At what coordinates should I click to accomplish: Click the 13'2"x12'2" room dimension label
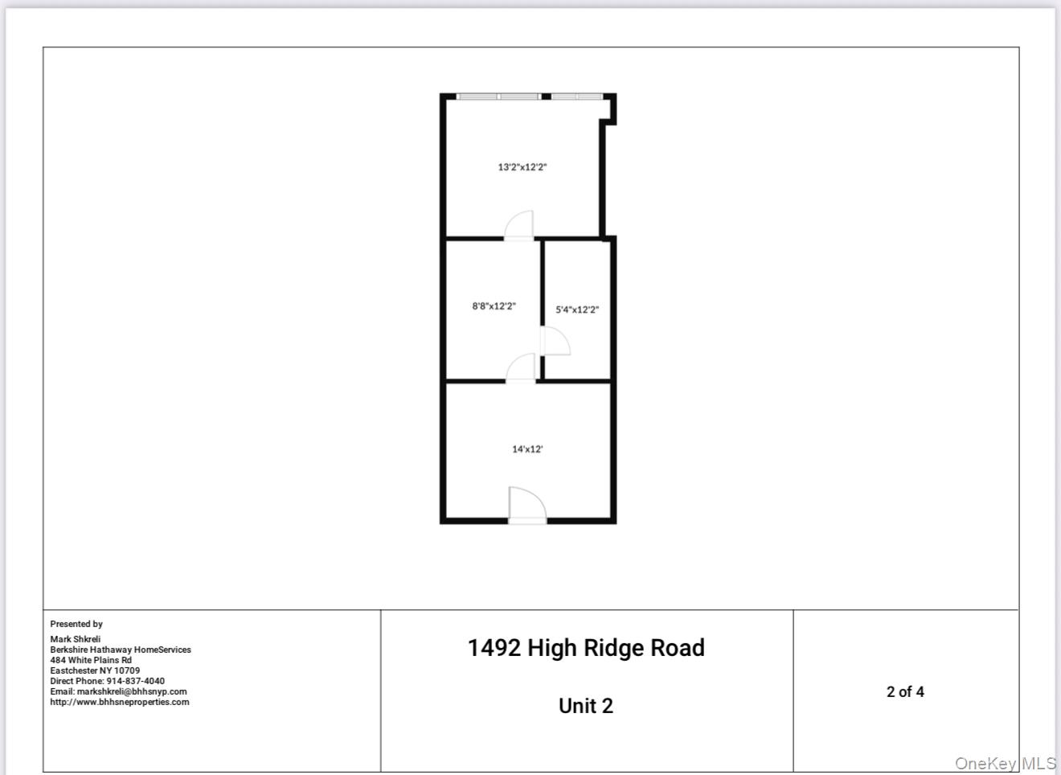click(x=522, y=167)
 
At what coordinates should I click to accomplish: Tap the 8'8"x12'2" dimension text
click(x=494, y=306)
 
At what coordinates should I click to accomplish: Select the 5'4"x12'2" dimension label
click(x=577, y=310)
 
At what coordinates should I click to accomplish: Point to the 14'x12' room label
click(x=527, y=449)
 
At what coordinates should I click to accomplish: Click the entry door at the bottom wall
click(x=527, y=506)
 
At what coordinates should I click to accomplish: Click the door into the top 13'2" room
click(x=519, y=226)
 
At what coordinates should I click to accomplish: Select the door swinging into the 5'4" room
click(x=555, y=342)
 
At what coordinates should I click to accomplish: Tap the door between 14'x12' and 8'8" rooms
click(x=522, y=368)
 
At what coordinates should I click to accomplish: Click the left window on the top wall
click(x=498, y=96)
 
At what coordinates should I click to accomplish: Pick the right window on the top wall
click(x=576, y=96)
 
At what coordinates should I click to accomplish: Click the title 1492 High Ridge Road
click(x=586, y=648)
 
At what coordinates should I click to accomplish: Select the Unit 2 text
click(x=586, y=706)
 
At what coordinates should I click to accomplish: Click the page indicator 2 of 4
click(x=905, y=691)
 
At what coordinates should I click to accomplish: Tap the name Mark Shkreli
click(x=76, y=639)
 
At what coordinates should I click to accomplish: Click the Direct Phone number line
click(x=107, y=681)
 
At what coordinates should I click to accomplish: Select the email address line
click(x=118, y=691)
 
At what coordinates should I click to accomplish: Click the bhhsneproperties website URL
click(x=120, y=702)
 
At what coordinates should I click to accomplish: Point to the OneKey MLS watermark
click(x=1005, y=763)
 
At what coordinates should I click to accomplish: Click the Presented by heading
click(x=76, y=624)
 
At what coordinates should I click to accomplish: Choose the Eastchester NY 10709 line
click(x=95, y=670)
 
